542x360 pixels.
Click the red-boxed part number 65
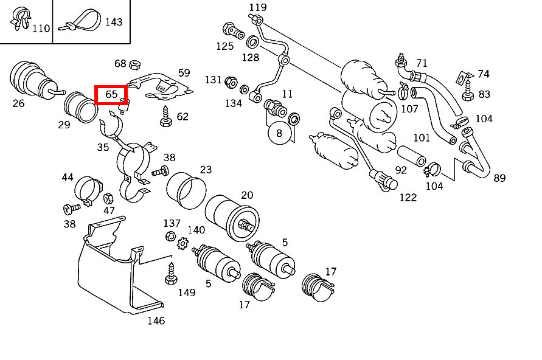111,95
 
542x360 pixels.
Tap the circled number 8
279,133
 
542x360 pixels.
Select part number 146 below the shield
156,320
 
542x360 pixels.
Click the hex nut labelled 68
136,63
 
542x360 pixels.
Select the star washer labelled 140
182,243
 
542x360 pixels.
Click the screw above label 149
170,274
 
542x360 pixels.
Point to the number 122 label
408,197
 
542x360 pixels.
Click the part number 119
258,7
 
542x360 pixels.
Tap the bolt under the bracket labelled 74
467,92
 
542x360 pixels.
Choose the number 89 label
499,178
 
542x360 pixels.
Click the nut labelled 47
108,198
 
